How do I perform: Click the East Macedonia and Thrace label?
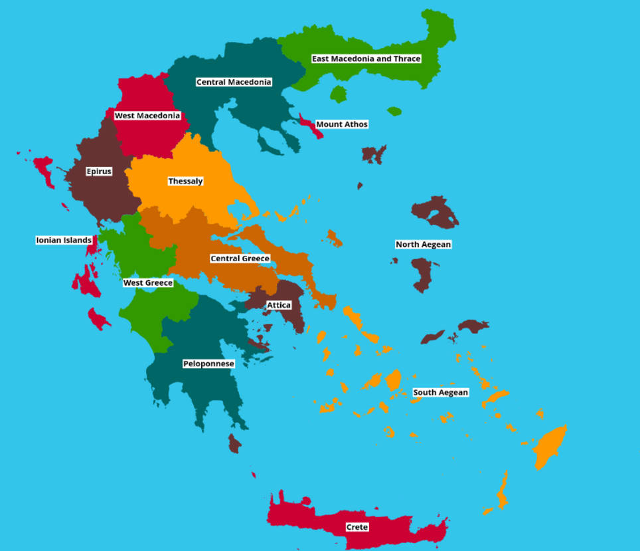tap(366, 58)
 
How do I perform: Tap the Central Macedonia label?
tap(234, 82)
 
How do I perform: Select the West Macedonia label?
tap(147, 116)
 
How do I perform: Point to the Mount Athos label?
tap(341, 124)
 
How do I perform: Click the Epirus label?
tap(99, 171)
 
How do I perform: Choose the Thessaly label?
tap(185, 181)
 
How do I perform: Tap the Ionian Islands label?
tap(64, 240)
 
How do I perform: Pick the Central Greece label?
tap(240, 259)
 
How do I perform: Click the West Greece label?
tap(148, 283)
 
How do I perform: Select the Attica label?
tap(279, 305)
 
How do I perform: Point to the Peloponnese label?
tap(208, 364)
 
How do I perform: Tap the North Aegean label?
tap(423, 245)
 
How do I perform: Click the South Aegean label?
tap(440, 393)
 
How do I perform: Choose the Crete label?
tap(357, 527)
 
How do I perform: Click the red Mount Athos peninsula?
tap(312, 128)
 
